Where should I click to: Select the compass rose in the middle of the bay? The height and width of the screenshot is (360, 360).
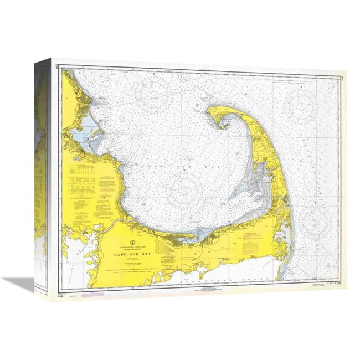coord(184,190)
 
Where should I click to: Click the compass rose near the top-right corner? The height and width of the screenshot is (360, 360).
coord(302,103)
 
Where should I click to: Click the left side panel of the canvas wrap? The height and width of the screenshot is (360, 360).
coord(42,177)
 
